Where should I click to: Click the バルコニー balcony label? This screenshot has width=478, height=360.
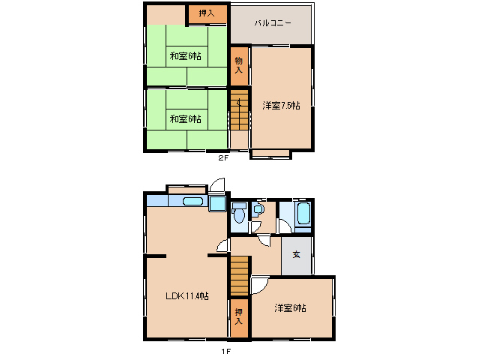click(273, 23)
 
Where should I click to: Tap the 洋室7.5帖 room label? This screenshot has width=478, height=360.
click(281, 106)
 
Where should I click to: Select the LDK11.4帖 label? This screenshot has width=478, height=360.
click(187, 295)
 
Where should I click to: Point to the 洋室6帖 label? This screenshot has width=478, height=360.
click(290, 307)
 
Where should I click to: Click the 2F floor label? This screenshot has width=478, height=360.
click(223, 157)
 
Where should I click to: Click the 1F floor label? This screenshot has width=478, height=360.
click(226, 352)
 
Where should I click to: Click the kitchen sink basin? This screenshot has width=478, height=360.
click(193, 201)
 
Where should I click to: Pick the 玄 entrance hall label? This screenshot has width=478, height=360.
click(296, 254)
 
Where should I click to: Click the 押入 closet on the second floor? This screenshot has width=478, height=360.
click(208, 14)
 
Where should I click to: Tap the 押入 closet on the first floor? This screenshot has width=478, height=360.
click(239, 318)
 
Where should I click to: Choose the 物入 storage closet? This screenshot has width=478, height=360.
click(239, 66)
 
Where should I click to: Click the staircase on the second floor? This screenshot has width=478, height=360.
click(239, 110)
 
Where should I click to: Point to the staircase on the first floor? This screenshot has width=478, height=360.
click(239, 276)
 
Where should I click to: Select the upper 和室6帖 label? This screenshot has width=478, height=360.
click(185, 56)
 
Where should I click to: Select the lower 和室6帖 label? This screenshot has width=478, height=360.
click(185, 118)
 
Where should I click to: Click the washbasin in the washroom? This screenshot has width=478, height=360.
click(258, 209)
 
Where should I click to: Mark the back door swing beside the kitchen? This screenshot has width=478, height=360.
click(217, 185)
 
